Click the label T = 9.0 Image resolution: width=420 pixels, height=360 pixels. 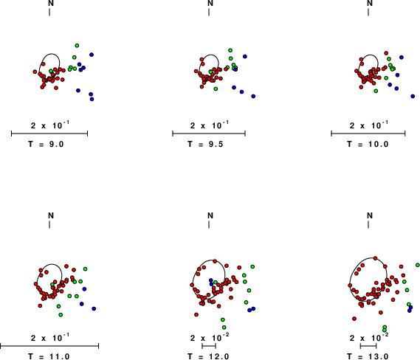tap(46, 144)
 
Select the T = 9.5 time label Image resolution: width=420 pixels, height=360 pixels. tap(205, 144)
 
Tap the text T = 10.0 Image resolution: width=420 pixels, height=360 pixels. tap(368, 144)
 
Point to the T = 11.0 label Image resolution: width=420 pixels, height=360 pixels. tap(49, 356)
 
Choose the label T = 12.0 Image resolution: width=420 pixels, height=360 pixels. tap(208, 356)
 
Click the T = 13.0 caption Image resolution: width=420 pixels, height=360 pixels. tap(368, 356)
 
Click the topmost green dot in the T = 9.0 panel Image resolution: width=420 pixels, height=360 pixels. tap(77, 46)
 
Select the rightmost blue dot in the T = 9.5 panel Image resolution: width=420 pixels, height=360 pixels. tap(253, 96)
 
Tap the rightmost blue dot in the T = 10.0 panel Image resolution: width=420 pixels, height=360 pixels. tap(413, 96)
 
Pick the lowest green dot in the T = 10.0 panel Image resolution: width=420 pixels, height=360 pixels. tap(376, 91)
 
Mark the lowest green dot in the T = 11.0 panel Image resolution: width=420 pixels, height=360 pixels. tap(61, 315)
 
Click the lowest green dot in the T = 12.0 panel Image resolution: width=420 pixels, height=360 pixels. tap(224, 328)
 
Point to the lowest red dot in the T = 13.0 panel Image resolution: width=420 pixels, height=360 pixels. tap(354, 319)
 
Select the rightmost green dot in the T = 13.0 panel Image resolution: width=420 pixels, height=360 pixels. tap(418, 265)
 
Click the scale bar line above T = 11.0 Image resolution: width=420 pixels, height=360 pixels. tap(49, 346)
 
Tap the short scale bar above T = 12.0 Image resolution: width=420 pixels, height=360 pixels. tap(209, 346)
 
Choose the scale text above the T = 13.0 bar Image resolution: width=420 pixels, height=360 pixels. tap(369, 338)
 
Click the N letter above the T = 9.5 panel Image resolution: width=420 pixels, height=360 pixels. tap(210, 3)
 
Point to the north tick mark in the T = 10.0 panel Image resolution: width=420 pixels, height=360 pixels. tap(368, 12)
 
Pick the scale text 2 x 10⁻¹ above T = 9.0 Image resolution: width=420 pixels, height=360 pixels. tap(50, 125)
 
